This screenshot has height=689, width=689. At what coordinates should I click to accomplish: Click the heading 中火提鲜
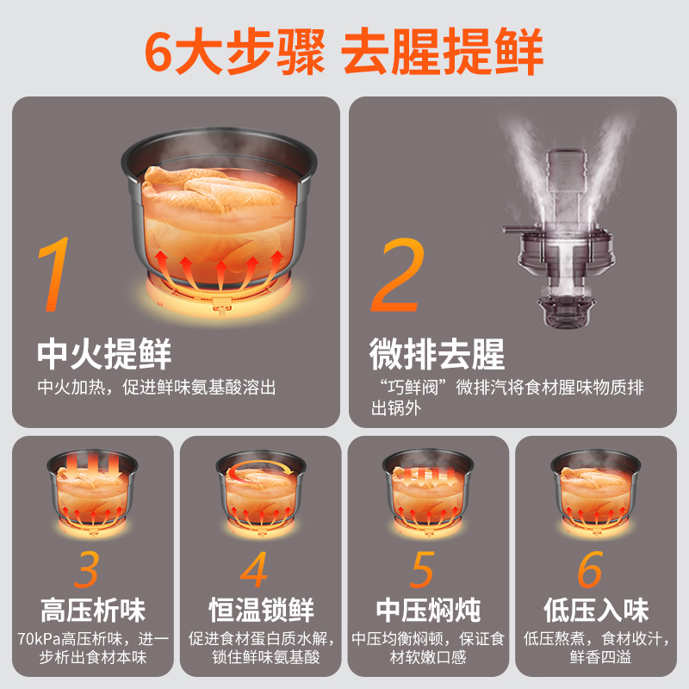tap(104, 354)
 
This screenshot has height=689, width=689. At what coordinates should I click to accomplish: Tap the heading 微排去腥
tap(437, 354)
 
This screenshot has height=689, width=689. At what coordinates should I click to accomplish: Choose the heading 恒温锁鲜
tap(262, 611)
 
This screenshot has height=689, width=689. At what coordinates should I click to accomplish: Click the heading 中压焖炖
tap(428, 611)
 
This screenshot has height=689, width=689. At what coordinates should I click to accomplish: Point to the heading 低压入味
tap(596, 611)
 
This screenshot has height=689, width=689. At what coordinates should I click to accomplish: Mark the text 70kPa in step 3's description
tap(37, 639)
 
